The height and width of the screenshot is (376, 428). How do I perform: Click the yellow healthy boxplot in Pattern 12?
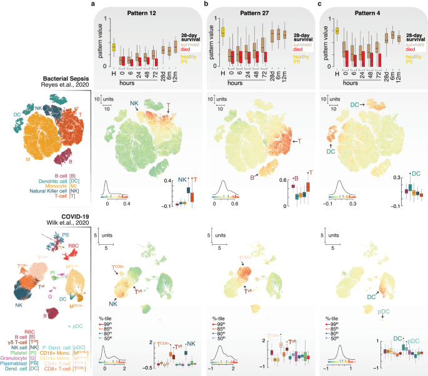(113, 47)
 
